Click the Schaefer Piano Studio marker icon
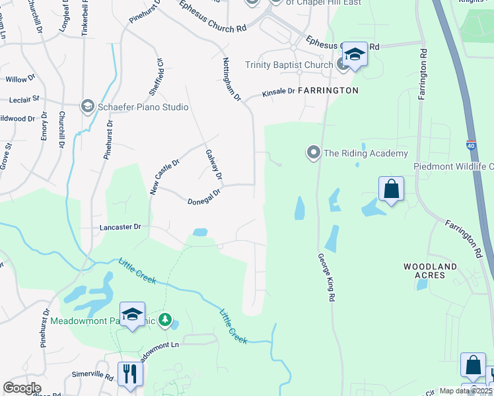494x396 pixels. [87, 106]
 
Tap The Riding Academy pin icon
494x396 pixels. [313, 152]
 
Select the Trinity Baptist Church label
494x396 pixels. [289, 65]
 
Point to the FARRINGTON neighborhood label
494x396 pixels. [328, 90]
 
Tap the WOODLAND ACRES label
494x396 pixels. [430, 271]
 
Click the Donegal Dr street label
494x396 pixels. [203, 201]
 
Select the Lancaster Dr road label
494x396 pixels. [120, 226]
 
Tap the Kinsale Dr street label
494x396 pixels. [278, 92]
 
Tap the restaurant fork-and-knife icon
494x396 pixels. [129, 374]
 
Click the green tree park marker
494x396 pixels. [164, 321]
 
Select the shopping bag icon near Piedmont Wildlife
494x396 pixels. [391, 188]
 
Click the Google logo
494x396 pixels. [22, 388]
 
